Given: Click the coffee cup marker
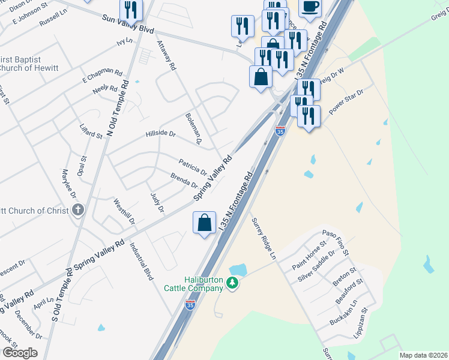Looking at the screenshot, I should click(310, 7).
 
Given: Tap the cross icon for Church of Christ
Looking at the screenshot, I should click(77, 210).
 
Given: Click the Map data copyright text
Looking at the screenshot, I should click(423, 355).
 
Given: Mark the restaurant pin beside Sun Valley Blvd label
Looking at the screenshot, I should click(130, 10).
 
